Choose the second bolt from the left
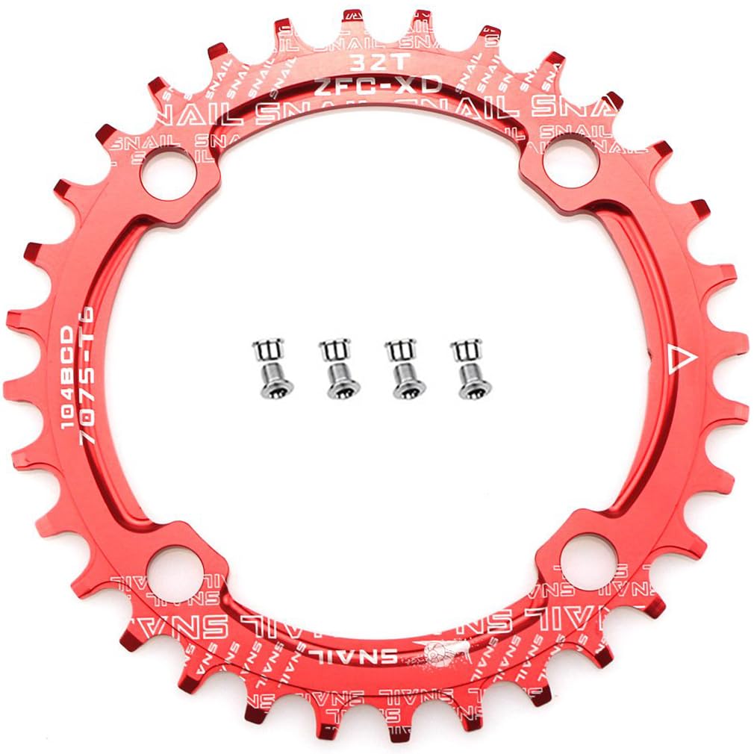[333, 368]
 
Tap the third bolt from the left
[399, 368]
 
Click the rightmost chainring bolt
[466, 368]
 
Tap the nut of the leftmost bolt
[266, 349]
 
